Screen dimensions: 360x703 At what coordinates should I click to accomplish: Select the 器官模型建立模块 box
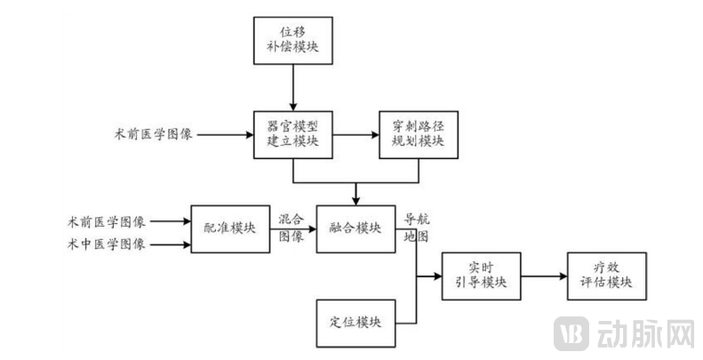[x=292, y=135]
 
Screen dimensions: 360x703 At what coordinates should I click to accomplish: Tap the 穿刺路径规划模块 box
[x=417, y=135]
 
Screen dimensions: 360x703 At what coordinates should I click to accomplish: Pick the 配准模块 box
[x=228, y=228]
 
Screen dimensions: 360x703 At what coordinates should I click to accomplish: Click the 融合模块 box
[x=355, y=228]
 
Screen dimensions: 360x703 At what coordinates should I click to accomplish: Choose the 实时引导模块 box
[x=481, y=276]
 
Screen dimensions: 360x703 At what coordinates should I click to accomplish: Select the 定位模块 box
[x=355, y=322]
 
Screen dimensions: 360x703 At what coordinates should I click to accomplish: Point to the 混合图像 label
[x=292, y=228]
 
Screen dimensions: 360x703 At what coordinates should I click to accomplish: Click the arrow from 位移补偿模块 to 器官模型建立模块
[x=292, y=89]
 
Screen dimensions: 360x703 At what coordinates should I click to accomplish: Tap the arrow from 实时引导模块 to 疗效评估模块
[x=544, y=276]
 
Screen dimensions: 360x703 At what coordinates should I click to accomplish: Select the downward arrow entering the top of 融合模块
[x=355, y=193]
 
